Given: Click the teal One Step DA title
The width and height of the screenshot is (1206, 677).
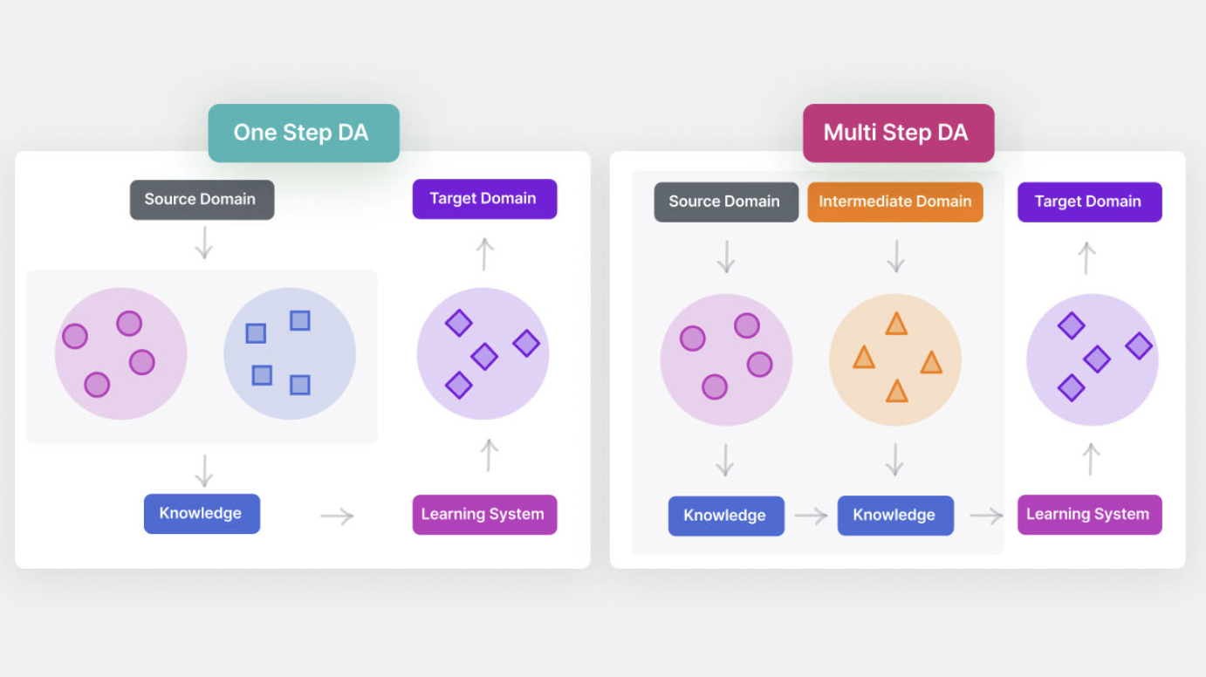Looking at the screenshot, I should (x=303, y=133).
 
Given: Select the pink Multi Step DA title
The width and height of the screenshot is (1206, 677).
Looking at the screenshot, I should (x=898, y=133).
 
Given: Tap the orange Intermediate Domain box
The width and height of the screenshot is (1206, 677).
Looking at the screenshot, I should (x=894, y=202).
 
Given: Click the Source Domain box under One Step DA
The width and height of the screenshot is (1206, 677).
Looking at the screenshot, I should (x=202, y=200).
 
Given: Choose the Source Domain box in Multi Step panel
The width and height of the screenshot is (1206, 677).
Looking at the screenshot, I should (x=726, y=202).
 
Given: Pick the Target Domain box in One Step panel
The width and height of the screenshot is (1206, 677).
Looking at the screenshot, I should (x=484, y=199).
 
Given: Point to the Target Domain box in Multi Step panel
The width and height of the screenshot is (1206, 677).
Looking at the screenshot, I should (x=1089, y=202).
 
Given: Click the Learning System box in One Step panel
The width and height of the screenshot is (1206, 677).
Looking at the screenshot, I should (x=484, y=515).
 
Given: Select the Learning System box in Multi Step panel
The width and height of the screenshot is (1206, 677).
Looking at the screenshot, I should (x=1089, y=515).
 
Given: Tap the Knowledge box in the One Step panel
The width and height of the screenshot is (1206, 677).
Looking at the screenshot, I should (x=202, y=514).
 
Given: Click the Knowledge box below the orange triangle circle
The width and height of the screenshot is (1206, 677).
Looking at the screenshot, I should (x=895, y=516).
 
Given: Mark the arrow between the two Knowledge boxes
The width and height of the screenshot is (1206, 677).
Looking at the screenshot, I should (x=811, y=516).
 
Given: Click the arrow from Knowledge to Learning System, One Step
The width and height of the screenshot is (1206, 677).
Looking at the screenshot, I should (x=337, y=516).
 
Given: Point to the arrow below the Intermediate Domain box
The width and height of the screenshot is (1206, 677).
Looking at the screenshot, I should (x=895, y=256).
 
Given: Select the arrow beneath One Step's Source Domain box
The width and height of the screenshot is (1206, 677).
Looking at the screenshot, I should (x=203, y=243).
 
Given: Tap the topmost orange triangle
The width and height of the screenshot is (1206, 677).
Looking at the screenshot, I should (x=896, y=325).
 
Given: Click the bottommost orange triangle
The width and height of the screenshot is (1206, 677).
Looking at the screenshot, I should (x=896, y=391).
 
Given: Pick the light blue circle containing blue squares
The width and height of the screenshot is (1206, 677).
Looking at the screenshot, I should (x=290, y=353).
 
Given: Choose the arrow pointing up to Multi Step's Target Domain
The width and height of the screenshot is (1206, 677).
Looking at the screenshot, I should (x=1086, y=257).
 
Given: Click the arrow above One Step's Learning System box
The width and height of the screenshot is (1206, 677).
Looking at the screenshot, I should (x=489, y=455).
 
